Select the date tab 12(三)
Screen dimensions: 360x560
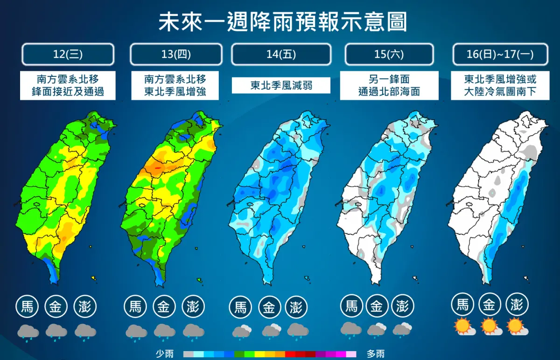point(68,54)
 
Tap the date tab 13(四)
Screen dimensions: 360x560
point(175,54)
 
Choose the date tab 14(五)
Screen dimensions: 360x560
point(281,54)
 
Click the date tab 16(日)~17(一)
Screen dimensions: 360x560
point(500,54)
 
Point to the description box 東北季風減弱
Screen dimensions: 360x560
point(281,85)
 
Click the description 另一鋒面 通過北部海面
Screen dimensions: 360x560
point(389,85)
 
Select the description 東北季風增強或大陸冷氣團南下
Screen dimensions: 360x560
point(500,85)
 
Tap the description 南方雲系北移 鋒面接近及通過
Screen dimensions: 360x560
point(68,85)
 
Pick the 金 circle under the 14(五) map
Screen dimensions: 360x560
point(269,307)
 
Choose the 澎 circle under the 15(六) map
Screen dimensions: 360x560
point(402,306)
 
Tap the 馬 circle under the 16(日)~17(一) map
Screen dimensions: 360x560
point(462,305)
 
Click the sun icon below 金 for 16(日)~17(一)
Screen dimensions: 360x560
point(490,326)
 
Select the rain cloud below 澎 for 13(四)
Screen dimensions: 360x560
point(193,331)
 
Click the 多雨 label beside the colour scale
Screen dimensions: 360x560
point(376,354)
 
